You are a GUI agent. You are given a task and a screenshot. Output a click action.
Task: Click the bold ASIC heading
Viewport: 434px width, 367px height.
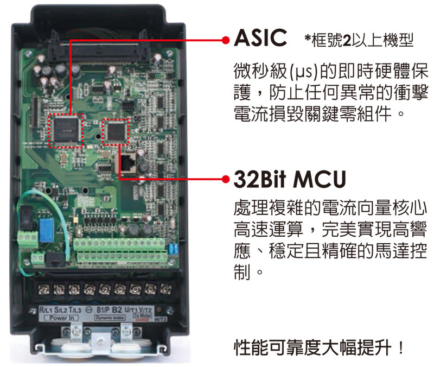(x=260, y=37)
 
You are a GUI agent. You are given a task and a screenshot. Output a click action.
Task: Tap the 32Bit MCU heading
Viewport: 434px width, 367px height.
(x=290, y=179)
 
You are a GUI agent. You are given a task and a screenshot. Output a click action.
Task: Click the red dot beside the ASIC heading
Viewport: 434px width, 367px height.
(x=226, y=40)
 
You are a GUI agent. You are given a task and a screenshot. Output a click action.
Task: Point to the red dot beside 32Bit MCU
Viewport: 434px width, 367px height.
(x=226, y=179)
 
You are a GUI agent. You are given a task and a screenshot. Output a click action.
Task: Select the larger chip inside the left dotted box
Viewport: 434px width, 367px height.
(x=66, y=129)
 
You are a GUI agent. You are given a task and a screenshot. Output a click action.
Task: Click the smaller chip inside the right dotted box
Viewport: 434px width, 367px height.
(x=116, y=131)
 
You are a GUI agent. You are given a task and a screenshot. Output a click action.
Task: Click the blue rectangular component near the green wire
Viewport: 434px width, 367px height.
(x=46, y=230)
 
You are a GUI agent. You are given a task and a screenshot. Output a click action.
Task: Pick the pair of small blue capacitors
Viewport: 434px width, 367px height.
(x=173, y=249)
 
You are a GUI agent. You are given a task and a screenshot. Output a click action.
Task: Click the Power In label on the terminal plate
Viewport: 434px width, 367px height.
(x=62, y=318)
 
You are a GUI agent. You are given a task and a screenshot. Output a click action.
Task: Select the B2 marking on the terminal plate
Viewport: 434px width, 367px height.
(x=117, y=310)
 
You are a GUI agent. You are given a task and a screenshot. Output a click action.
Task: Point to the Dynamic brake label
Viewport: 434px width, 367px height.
(x=110, y=318)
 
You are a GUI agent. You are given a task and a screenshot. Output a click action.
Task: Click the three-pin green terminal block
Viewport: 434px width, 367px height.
(x=28, y=239)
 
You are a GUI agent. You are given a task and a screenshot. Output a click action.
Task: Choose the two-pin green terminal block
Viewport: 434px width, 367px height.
(x=37, y=258)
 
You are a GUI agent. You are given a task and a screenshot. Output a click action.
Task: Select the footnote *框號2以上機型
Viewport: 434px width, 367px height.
(x=359, y=40)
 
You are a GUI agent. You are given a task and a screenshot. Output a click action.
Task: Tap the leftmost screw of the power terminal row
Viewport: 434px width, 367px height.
(x=43, y=290)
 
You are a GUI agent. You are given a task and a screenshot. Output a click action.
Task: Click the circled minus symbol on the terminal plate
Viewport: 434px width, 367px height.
(x=89, y=310)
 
